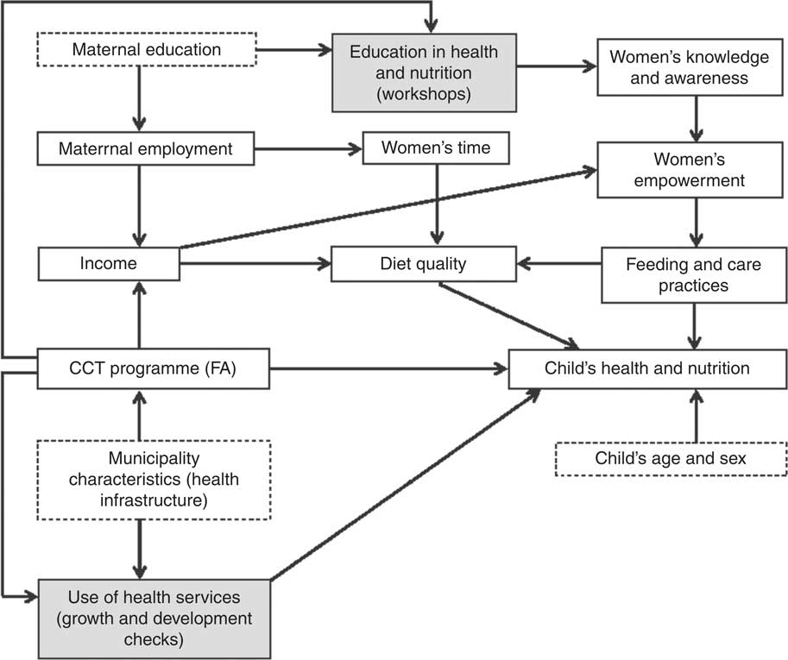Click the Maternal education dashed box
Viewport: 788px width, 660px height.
click(x=146, y=50)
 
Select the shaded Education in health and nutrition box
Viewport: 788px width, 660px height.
click(x=424, y=72)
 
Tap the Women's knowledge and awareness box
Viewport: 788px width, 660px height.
click(x=689, y=67)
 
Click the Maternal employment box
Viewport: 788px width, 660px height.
click(x=146, y=148)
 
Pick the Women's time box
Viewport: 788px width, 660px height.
click(x=436, y=148)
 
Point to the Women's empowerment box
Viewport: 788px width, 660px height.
click(x=689, y=171)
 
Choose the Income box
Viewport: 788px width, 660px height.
click(x=108, y=263)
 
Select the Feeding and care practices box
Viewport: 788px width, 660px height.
click(x=693, y=274)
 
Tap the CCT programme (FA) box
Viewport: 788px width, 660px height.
click(x=154, y=368)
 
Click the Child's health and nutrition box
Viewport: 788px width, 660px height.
click(x=647, y=368)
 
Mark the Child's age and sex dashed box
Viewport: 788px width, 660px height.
click(x=671, y=458)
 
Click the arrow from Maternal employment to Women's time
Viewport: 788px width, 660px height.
click(x=308, y=148)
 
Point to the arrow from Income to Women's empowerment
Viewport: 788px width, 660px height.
click(x=388, y=208)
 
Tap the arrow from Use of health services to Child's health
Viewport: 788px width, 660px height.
click(x=406, y=484)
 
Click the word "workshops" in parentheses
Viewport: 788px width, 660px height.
click(x=423, y=94)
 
